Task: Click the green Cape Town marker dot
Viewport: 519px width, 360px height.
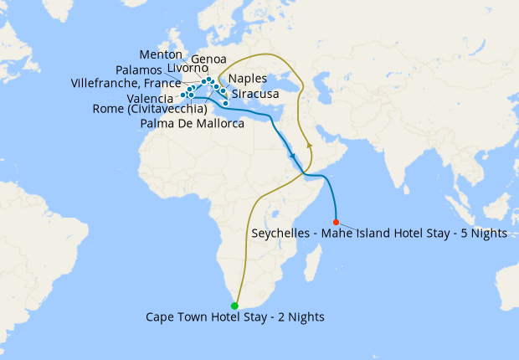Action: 234,306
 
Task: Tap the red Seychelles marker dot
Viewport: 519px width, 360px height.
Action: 336,222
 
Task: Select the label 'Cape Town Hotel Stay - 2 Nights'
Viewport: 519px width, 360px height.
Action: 234,317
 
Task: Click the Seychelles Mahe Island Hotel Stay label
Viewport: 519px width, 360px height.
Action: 379,234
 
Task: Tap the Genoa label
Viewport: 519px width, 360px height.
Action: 207,59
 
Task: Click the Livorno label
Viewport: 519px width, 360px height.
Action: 188,69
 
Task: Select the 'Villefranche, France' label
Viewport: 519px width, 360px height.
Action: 126,84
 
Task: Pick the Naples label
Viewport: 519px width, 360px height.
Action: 248,79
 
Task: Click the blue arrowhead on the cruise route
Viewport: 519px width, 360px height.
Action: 293,157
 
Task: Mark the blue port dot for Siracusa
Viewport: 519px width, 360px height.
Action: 225,103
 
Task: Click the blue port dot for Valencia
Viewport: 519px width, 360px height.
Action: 182,95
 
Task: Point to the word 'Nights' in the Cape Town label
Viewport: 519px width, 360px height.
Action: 305,317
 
